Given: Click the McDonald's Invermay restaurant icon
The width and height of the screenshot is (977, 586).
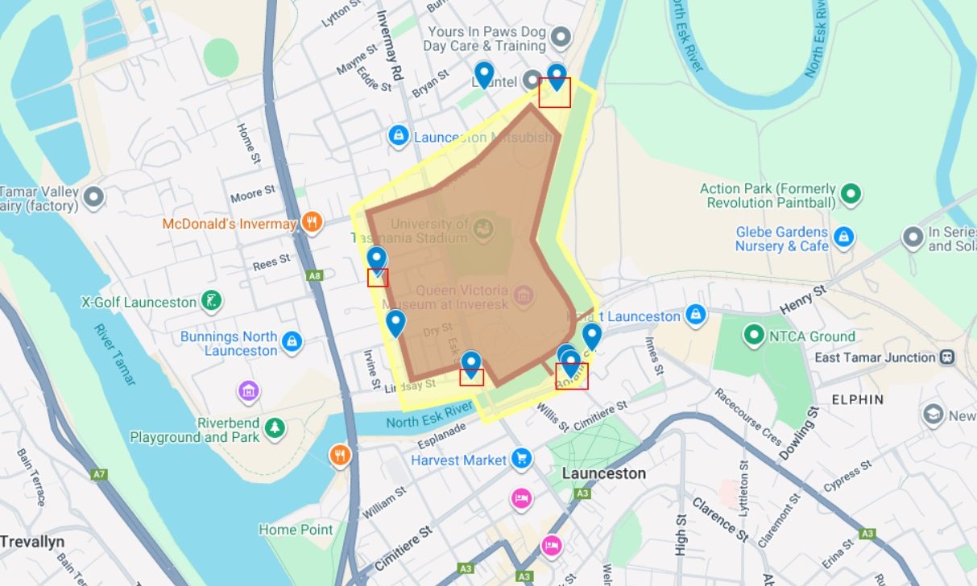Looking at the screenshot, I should [x=313, y=223].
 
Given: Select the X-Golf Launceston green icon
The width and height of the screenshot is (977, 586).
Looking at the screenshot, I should [x=211, y=302].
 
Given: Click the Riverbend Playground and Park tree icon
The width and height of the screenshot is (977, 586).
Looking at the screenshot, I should [x=275, y=428].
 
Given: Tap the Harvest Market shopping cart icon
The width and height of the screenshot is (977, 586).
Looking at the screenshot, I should [x=522, y=460].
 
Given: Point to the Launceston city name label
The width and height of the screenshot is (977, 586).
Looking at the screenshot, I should [x=604, y=473].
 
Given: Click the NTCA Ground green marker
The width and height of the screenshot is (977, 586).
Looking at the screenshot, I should [x=754, y=336].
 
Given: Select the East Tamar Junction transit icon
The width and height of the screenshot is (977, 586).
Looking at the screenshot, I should [x=947, y=357].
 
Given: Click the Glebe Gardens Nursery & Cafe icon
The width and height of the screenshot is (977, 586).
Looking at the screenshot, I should [x=843, y=237].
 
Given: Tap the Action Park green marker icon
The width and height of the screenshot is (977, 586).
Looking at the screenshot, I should [x=851, y=194].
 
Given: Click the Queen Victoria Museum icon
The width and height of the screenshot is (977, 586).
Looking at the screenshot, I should [x=524, y=296].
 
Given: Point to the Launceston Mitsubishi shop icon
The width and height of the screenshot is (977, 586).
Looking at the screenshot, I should [x=397, y=137].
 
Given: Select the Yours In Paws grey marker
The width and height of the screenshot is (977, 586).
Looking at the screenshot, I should [x=561, y=38].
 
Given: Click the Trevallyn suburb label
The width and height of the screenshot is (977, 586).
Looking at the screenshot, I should [x=32, y=541].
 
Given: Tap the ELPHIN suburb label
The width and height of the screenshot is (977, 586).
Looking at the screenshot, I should [x=858, y=399].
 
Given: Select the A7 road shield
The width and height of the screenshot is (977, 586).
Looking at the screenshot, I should [x=99, y=475].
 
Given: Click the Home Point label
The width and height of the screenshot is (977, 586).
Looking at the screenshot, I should [x=296, y=530].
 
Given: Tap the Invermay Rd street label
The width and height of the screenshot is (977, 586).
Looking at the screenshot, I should [x=389, y=50].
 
